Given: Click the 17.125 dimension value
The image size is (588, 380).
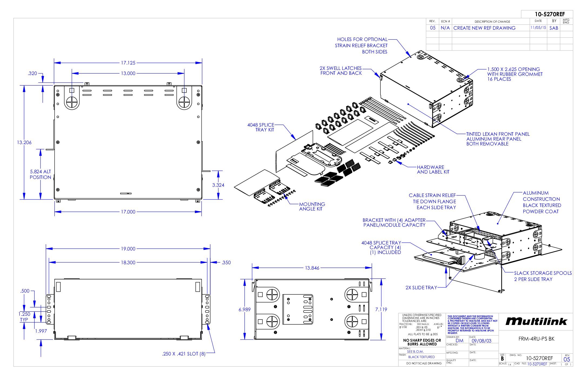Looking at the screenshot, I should [128, 63].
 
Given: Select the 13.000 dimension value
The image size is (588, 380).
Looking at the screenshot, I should [128, 73].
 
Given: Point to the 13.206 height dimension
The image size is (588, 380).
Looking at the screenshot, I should [24, 142].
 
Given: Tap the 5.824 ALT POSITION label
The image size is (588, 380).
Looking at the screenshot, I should [40, 174].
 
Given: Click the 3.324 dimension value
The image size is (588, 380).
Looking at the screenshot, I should [218, 185].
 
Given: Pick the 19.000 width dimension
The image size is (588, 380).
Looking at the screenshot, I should [128, 249].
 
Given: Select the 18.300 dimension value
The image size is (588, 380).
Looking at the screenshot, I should [128, 263].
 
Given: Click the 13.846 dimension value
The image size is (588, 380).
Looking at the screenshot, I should [312, 268].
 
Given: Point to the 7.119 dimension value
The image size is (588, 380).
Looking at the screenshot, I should [381, 310].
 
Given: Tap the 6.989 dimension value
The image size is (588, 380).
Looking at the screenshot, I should [245, 310].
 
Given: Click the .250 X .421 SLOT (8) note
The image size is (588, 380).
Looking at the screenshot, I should [184, 354].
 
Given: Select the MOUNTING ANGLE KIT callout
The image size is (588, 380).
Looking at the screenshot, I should [312, 206].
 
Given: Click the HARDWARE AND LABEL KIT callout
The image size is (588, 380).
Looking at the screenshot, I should [433, 169].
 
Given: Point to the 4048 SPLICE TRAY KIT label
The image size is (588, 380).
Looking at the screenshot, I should [261, 127].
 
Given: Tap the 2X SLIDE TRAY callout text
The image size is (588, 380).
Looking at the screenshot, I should [421, 288].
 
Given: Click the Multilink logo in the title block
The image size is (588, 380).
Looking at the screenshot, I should [536, 321].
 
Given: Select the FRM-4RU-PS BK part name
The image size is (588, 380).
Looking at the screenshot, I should [536, 339].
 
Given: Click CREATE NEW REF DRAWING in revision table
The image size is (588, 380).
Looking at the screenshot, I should [484, 28].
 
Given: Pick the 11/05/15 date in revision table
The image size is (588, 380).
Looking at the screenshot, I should [538, 28].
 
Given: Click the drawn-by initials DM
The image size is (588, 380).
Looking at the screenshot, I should [459, 341].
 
